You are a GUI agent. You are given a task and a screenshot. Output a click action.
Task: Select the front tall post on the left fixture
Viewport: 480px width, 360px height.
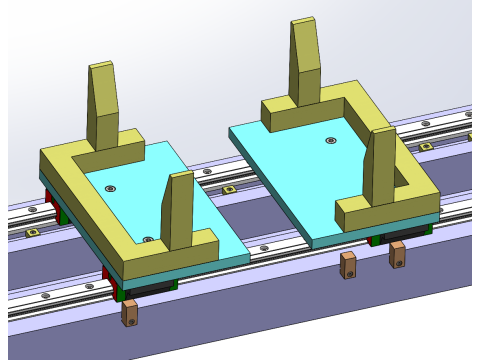(x=180, y=210)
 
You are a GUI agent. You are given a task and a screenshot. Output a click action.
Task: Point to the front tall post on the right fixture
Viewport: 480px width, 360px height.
(x=382, y=165)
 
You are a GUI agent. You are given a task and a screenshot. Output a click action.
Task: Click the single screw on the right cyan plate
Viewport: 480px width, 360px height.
(x=331, y=140)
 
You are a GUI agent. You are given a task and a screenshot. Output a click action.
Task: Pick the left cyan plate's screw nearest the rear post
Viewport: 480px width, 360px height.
(x=111, y=188)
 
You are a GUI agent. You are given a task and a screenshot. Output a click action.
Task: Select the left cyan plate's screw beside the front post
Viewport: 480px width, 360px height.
(x=148, y=239)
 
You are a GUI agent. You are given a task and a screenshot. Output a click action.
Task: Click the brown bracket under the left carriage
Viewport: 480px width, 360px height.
(x=130, y=313)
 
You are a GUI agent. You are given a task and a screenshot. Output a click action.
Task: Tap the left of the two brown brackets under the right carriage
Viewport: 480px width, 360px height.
(x=348, y=265)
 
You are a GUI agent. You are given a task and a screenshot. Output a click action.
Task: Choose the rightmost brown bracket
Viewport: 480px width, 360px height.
(x=398, y=253)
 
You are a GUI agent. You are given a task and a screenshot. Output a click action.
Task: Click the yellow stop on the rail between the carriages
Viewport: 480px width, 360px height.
(x=229, y=189)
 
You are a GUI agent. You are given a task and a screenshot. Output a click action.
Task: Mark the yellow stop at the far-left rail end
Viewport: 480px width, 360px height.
(x=32, y=232)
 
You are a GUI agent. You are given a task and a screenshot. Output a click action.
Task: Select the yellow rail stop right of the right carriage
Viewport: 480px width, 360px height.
(x=425, y=147)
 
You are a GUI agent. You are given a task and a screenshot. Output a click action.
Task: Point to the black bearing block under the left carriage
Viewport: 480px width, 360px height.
(x=150, y=288)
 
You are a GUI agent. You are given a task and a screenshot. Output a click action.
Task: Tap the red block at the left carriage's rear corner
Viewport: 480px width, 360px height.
(x=48, y=196)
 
